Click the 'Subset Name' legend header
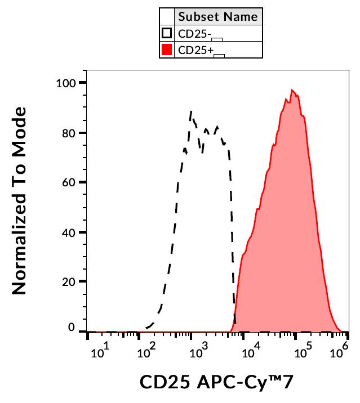tap(217, 16)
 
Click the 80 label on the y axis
tap(69, 133)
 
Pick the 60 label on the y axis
tap(69, 182)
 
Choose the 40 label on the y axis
tap(69, 232)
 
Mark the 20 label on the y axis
tap(69, 281)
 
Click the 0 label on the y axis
tap(72, 327)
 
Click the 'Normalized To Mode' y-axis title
tap(21, 201)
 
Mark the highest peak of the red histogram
tap(292, 89)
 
